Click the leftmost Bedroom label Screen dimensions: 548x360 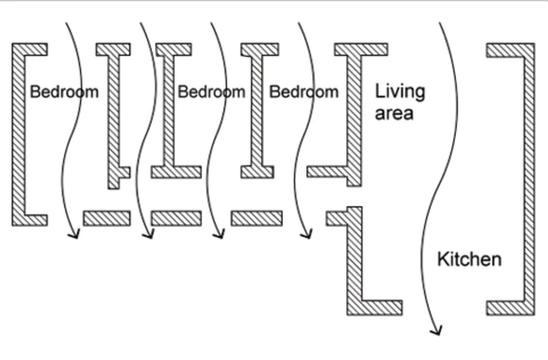(64, 92)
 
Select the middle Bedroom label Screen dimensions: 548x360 (211, 92)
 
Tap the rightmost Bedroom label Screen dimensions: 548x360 (304, 92)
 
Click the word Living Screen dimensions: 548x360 (400, 92)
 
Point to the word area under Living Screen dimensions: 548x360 (394, 114)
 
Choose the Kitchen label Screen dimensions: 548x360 (469, 259)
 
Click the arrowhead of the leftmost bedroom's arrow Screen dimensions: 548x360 (74, 234)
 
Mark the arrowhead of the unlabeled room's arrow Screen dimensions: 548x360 (148, 234)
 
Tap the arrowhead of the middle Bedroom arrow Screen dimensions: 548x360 (219, 234)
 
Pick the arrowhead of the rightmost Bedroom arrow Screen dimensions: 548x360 (307, 234)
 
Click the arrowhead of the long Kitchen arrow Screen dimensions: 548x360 (437, 331)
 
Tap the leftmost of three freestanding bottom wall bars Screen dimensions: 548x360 (107, 218)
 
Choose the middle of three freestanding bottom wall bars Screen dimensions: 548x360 (176, 218)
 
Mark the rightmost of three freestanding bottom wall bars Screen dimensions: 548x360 (256, 218)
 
